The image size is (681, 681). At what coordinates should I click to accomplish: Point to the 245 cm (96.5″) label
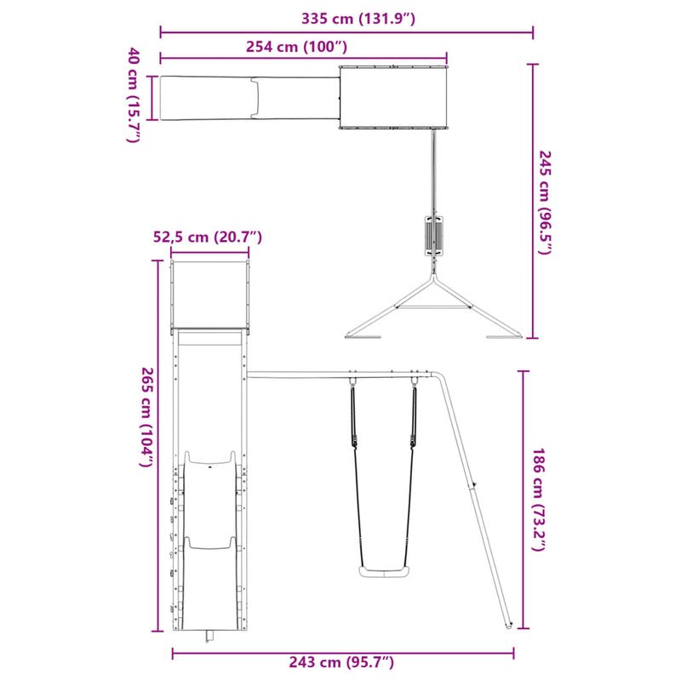tap(545, 203)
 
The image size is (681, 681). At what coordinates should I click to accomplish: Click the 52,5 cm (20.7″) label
tap(206, 237)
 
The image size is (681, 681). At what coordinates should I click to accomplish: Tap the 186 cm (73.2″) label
tap(537, 501)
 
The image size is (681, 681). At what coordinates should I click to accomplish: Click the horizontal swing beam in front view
tap(340, 374)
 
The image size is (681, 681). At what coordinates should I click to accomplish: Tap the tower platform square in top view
tap(393, 98)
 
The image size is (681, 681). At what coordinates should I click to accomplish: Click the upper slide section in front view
tap(209, 494)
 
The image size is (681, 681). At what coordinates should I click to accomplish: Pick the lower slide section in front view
tap(209, 587)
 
